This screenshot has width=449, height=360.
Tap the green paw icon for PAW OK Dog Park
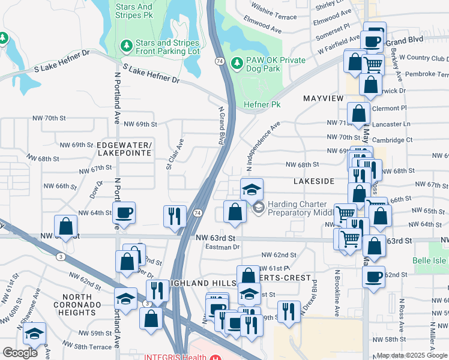coord(237,62)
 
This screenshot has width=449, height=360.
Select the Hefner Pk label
coord(262,104)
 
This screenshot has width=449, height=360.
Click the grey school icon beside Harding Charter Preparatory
coord(259,208)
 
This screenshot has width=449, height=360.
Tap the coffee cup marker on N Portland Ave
coord(124,212)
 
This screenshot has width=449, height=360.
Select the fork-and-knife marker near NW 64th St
coord(174,215)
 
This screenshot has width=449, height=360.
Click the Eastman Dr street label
coord(222,247)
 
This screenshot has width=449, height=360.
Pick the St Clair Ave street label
coord(175,153)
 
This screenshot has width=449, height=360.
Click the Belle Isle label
coord(430,261)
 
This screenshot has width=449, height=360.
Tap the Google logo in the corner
coord(20,353)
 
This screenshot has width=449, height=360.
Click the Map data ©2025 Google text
coord(411,355)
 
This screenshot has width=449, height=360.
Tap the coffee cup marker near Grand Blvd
coord(373,40)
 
